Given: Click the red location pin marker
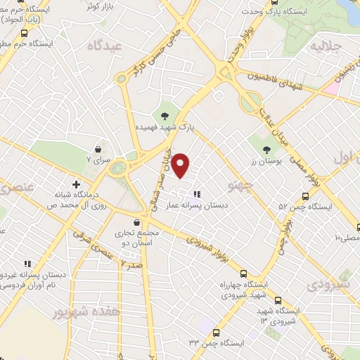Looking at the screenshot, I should (181, 166).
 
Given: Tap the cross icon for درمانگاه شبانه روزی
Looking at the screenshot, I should (76, 184).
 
